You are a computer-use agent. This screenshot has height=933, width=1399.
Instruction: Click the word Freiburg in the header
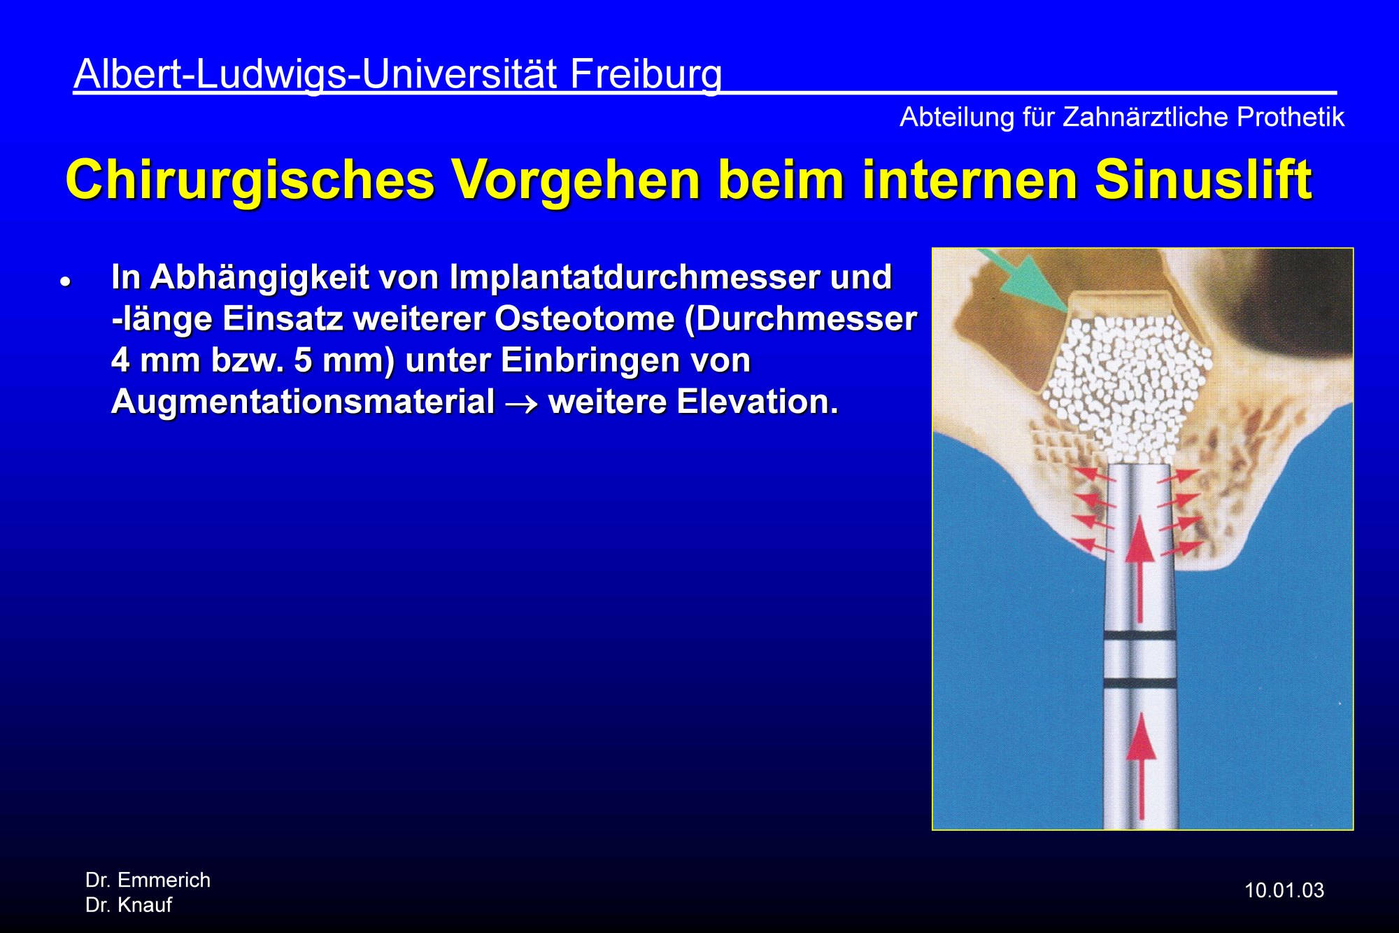(646, 75)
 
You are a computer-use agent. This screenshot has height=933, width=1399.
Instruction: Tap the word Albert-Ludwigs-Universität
(315, 74)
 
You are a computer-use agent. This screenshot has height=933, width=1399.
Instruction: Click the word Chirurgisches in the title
(250, 181)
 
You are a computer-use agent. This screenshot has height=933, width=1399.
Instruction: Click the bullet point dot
(66, 283)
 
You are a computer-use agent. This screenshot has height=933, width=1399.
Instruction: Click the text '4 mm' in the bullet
(155, 360)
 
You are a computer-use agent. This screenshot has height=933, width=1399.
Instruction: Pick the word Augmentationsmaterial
(303, 402)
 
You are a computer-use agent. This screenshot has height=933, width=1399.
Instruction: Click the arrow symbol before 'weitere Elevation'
(522, 405)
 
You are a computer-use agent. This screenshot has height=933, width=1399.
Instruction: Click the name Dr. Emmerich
(148, 880)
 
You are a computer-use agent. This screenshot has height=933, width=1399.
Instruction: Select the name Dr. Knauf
(129, 905)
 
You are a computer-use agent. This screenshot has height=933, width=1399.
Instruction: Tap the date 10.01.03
(1284, 890)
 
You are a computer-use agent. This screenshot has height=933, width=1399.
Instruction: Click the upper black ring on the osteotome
(1140, 637)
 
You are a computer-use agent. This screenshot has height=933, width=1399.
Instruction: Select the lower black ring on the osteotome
(1140, 682)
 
